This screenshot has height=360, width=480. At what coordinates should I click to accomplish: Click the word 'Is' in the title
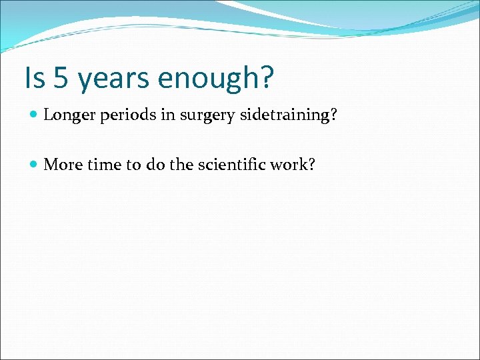tap(33, 78)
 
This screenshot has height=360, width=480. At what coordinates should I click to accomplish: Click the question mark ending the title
tap(265, 78)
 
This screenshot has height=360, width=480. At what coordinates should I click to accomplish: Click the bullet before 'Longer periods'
tap(34, 115)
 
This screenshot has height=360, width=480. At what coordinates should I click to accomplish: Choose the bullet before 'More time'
tap(34, 165)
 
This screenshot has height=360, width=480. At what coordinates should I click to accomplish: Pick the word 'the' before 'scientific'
tap(180, 165)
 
